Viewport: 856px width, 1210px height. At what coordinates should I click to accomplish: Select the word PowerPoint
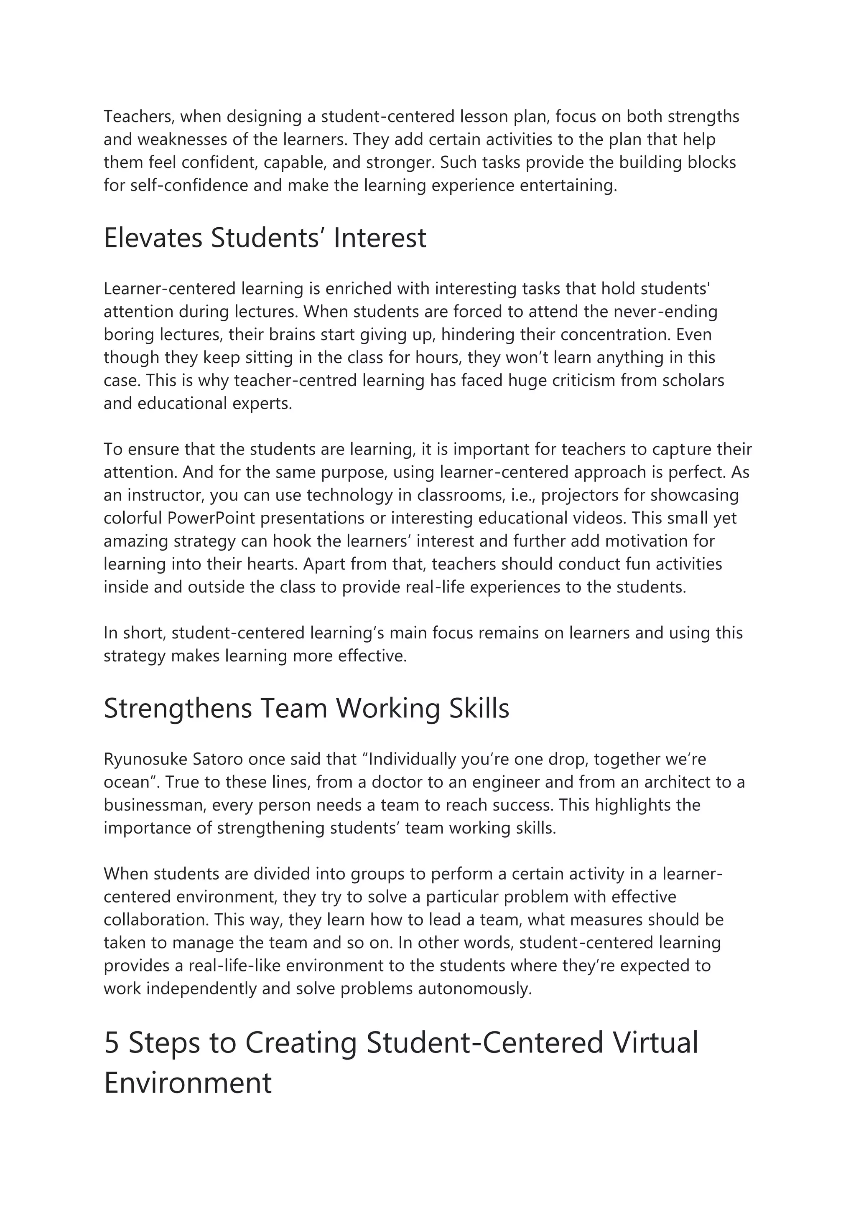211,518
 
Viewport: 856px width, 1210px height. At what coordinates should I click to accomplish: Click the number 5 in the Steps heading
111,1042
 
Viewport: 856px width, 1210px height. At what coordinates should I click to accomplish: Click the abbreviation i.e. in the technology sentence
523,496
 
